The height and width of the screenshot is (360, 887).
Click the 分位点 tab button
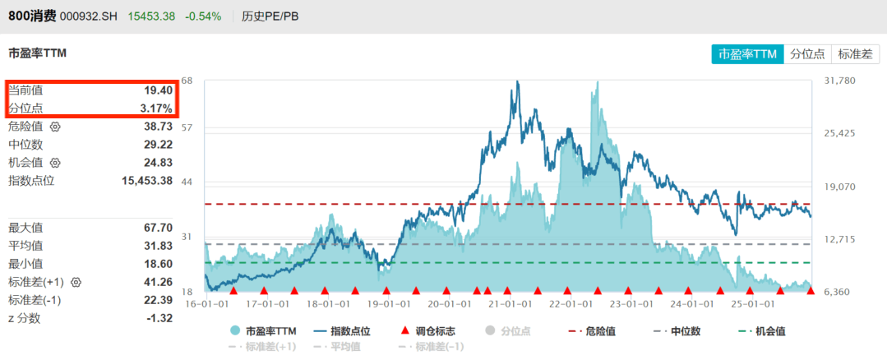pyautogui.click(x=806, y=54)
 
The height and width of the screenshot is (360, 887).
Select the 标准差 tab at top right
pyautogui.click(x=855, y=54)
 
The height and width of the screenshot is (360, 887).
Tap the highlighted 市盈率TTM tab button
pyautogui.click(x=747, y=54)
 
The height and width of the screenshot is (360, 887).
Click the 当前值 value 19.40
pyautogui.click(x=159, y=90)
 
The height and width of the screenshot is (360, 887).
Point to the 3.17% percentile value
pyautogui.click(x=155, y=108)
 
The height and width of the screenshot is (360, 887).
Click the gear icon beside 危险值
pyautogui.click(x=55, y=127)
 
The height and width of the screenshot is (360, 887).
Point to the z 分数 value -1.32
pyautogui.click(x=158, y=318)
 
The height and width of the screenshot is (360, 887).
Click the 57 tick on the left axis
pyautogui.click(x=187, y=127)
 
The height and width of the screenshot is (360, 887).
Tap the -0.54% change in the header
pyautogui.click(x=203, y=16)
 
